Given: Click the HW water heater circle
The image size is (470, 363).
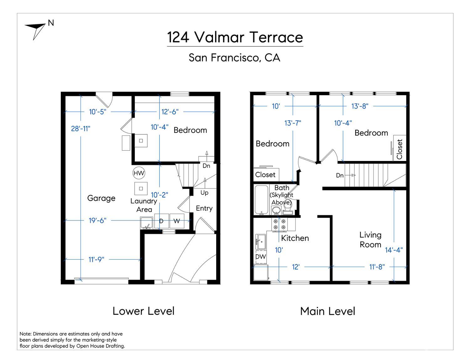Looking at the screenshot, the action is point(138,173).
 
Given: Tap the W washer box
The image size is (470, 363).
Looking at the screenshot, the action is point(177,221).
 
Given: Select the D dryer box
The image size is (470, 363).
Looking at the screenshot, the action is point(162,221).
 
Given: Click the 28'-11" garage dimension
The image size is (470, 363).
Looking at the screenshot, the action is point(81,129).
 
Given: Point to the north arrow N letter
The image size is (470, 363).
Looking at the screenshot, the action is point(51,23).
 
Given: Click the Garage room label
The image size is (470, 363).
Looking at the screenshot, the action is point(101,198).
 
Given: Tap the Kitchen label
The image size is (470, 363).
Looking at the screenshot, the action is point(295,238).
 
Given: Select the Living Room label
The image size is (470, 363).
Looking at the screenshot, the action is point(370,240).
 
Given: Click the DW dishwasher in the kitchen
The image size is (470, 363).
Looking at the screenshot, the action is point(261,257).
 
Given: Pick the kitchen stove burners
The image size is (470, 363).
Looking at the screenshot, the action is point(279,225).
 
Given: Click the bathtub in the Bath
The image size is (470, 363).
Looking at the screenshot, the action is point(261,200).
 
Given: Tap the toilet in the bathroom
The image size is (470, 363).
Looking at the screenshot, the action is point(288,209).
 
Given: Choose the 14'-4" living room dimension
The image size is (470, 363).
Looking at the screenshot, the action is point(394,250).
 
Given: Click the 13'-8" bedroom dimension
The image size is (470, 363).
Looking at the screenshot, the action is point(360,106).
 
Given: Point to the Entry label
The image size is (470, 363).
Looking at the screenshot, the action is point(204,208).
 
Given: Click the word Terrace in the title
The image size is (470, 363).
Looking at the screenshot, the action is point(276,37).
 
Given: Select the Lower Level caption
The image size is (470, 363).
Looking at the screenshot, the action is point(144,311).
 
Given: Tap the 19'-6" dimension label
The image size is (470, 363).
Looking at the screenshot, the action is point(97,220).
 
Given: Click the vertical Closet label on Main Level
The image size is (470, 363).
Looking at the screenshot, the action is point(399,149).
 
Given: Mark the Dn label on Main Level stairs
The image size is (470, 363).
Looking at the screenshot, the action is point(340,175).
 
